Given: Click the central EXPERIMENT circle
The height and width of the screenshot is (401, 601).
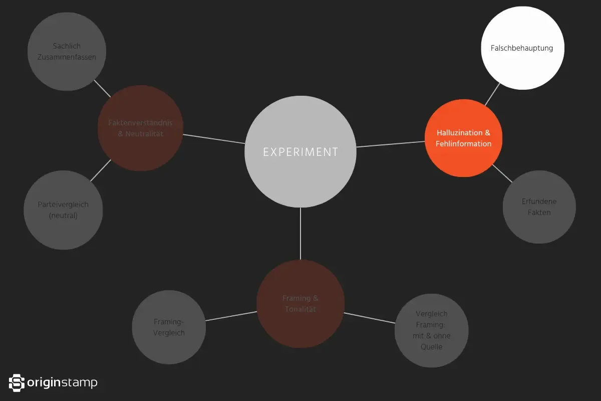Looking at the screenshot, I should pyautogui.click(x=300, y=151).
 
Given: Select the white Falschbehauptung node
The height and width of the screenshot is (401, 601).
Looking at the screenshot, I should pyautogui.click(x=522, y=48).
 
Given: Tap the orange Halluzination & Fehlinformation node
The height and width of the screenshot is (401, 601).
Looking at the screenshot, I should pyautogui.click(x=463, y=138).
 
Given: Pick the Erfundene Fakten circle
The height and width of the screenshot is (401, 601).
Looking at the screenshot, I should pyautogui.click(x=539, y=207).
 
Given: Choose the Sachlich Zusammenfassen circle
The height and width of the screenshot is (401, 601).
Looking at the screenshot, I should pyautogui.click(x=67, y=52).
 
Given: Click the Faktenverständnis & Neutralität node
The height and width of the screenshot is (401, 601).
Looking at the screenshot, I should pyautogui.click(x=140, y=128).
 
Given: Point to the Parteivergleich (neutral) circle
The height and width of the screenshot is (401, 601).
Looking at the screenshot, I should pyautogui.click(x=63, y=210).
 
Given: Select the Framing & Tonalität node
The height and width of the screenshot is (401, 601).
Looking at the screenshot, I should pyautogui.click(x=300, y=304).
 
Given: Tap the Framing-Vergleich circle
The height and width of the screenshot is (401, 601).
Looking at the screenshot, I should pyautogui.click(x=169, y=327).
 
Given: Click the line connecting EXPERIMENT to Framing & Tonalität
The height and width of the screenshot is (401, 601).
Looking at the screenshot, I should pyautogui.click(x=300, y=234).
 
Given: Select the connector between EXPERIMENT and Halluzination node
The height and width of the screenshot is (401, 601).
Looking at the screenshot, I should pyautogui.click(x=391, y=144).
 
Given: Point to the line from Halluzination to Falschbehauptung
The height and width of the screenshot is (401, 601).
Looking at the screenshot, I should pyautogui.click(x=492, y=94).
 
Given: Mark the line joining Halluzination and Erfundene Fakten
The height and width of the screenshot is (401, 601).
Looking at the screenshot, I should pyautogui.click(x=502, y=173).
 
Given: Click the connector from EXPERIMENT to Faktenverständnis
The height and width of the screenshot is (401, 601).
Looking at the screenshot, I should pyautogui.click(x=214, y=139).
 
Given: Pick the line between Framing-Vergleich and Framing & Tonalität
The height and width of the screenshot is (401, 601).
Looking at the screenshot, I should pyautogui.click(x=231, y=316).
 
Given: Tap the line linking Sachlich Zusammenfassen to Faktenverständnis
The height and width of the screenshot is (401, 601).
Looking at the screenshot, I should pyautogui.click(x=103, y=89).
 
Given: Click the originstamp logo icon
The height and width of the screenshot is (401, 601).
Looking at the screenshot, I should pyautogui.click(x=17, y=383).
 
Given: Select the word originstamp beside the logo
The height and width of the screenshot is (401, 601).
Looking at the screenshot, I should pyautogui.click(x=63, y=383).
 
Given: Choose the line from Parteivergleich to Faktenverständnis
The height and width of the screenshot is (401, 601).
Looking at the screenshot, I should pyautogui.click(x=101, y=170).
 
